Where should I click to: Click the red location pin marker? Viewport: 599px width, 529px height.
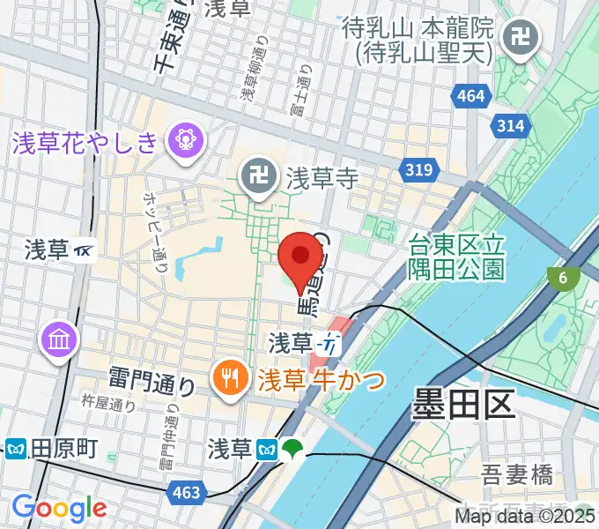click(x=299, y=257)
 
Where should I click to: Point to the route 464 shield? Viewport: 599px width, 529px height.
click(x=471, y=95)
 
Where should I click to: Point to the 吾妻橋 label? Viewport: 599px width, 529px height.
click(x=517, y=476)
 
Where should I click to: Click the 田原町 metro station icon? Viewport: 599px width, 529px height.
click(x=15, y=449)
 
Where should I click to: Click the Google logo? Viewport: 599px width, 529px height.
click(x=59, y=509)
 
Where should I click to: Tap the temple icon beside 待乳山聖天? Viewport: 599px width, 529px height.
click(x=513, y=39)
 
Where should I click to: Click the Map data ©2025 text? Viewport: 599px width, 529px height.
click(x=526, y=517)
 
